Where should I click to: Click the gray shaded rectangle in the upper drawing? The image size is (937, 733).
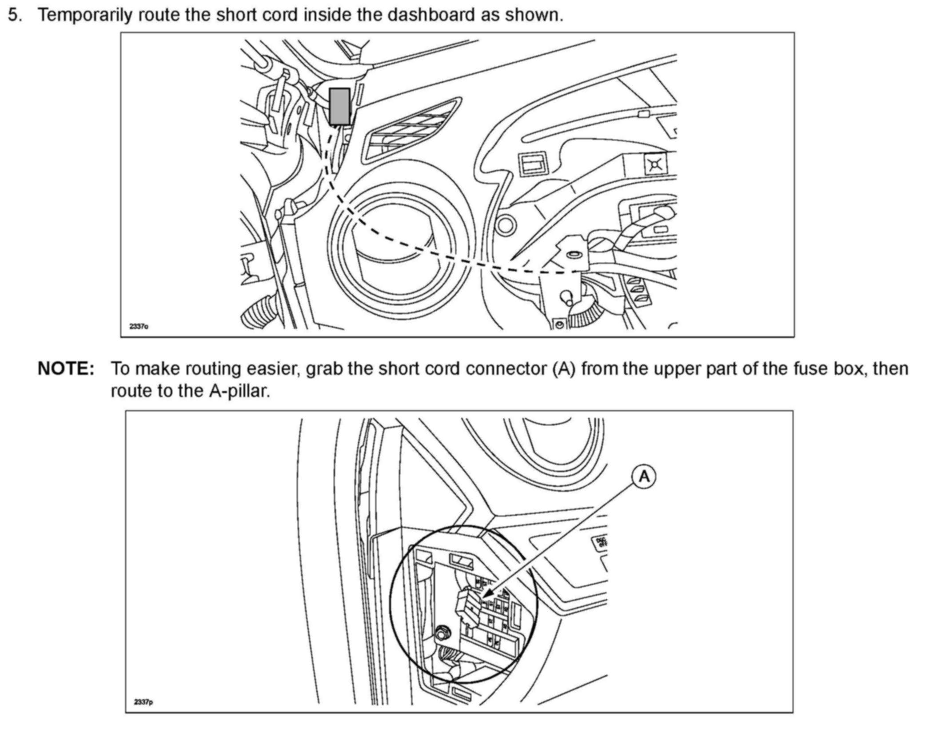(x=339, y=106)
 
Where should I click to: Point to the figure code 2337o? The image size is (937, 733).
(x=139, y=327)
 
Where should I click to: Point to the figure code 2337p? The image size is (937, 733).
(x=143, y=702)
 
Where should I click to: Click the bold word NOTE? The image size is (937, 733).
(x=66, y=369)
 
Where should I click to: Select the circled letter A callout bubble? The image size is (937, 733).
(x=644, y=477)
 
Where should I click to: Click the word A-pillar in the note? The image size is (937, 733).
(x=239, y=391)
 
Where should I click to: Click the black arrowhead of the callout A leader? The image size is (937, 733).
(x=487, y=593)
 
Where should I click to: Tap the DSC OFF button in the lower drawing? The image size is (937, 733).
(x=601, y=543)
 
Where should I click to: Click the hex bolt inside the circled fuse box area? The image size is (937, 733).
(x=442, y=631)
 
